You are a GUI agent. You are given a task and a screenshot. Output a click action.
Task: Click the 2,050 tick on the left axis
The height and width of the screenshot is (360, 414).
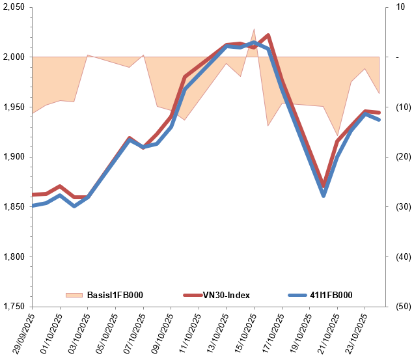pos(13,7)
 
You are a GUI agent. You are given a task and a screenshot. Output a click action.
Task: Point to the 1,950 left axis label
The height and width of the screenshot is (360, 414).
pos(13,107)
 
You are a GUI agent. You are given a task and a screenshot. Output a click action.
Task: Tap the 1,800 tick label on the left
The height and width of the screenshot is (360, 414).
pos(13,256)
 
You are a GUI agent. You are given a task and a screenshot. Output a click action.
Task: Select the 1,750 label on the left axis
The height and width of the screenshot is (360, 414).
pos(13,307)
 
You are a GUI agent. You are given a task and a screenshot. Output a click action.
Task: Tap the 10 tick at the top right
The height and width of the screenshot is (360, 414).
pos(395,7)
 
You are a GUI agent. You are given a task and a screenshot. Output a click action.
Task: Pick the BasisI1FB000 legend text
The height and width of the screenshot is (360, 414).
pos(115,296)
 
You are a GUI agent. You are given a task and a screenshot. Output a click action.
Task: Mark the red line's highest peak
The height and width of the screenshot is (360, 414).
pos(268,35)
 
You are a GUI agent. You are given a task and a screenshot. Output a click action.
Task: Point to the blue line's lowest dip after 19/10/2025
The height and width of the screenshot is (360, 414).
pos(324,195)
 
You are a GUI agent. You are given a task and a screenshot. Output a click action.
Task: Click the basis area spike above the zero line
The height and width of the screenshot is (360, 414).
pos(254,30)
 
